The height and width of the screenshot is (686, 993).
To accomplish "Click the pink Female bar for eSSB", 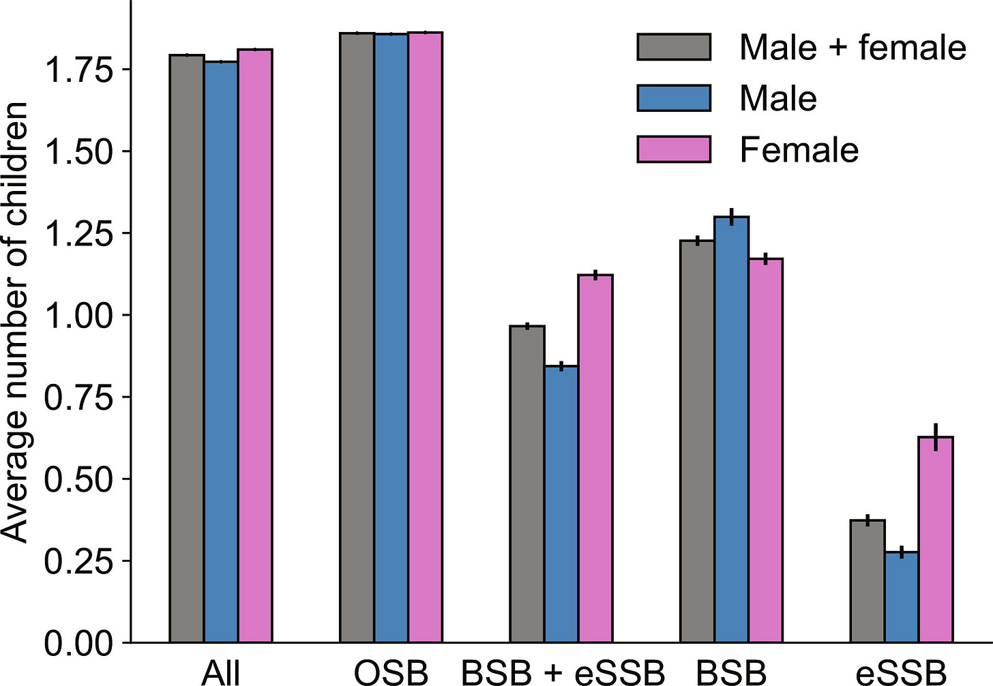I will tap(936, 539).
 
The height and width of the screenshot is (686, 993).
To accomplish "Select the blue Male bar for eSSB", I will tap(902, 597).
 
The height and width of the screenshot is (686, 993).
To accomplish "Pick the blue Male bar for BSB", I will tap(732, 430).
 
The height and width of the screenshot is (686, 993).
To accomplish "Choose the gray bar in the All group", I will tap(187, 348).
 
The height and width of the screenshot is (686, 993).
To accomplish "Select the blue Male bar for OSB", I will tap(391, 338).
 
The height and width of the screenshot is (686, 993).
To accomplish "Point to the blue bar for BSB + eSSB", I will tap(561, 504).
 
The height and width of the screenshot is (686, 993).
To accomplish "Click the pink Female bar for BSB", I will tap(765, 450).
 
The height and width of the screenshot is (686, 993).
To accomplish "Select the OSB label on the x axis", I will tap(391, 672).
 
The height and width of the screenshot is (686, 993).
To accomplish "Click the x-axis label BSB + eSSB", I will tap(562, 672).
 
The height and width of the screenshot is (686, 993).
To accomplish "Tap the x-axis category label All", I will tap(220, 672).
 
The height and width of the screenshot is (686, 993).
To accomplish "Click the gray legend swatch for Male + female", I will tap(674, 47).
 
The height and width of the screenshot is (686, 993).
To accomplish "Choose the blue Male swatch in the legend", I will tap(674, 98).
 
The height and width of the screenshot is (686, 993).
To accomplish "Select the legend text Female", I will tap(799, 149).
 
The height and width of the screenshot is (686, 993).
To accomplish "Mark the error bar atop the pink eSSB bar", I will tap(936, 436).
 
